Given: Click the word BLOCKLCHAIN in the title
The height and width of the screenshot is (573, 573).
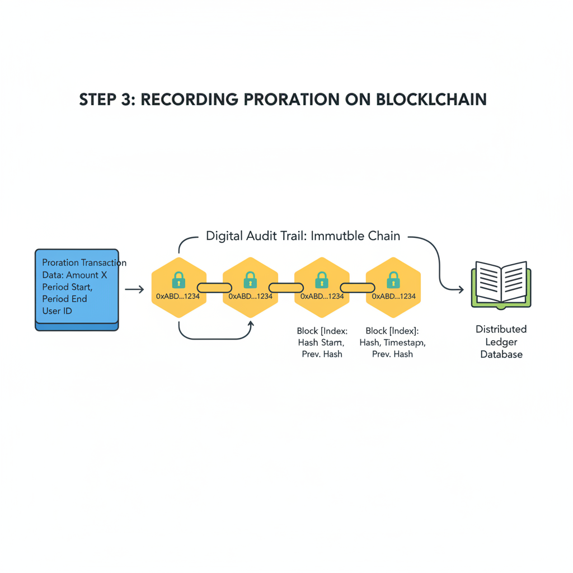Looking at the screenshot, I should (x=431, y=99).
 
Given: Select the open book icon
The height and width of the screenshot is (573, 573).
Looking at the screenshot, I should (x=501, y=284).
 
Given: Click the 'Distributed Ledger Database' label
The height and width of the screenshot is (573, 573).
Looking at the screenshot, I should (x=501, y=341).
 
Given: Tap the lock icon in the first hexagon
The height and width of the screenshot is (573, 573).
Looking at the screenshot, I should (x=179, y=280).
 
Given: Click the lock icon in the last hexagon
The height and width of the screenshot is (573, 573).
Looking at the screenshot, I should (x=393, y=280).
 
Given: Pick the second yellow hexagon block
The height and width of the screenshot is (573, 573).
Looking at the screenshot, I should (x=250, y=287).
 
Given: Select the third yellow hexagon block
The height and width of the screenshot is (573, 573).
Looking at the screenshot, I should (x=322, y=287).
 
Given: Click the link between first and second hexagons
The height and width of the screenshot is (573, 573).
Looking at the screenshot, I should (x=214, y=288).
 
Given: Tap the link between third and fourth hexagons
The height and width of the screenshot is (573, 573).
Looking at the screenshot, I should (x=358, y=288).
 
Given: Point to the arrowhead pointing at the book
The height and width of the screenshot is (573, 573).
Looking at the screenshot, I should (x=461, y=289).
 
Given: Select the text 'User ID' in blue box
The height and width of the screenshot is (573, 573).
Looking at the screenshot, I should (x=57, y=311).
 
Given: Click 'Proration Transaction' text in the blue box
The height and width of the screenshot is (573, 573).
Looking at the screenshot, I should (x=84, y=262).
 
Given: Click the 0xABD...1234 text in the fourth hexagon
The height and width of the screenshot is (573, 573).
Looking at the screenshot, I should (x=394, y=296).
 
